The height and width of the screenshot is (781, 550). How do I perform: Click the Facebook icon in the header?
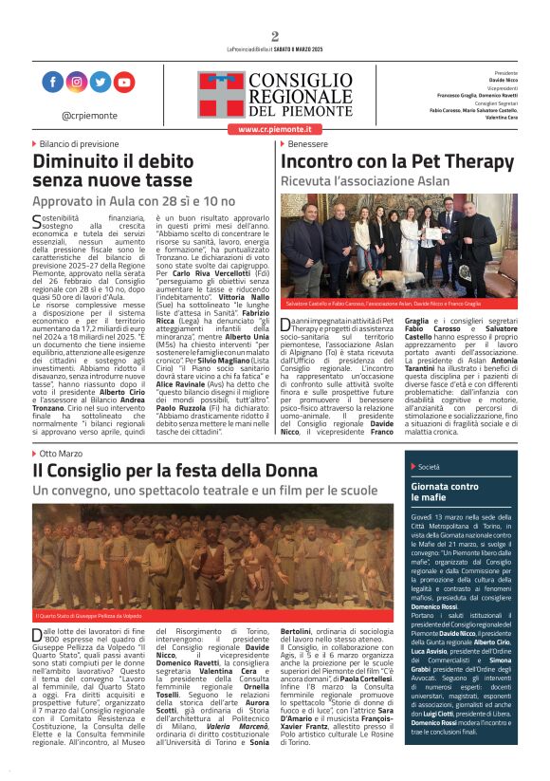pyautogui.click(x=53, y=83)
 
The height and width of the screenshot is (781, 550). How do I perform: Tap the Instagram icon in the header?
pyautogui.click(x=77, y=83)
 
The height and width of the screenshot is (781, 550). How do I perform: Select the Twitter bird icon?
pyautogui.click(x=101, y=83)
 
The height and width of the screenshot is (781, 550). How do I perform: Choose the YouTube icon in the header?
pyautogui.click(x=124, y=83)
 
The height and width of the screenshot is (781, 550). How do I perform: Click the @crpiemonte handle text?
pyautogui.click(x=88, y=114)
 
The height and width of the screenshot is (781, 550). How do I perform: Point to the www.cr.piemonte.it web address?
pyautogui.click(x=273, y=128)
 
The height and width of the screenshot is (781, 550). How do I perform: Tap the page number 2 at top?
pyautogui.click(x=275, y=37)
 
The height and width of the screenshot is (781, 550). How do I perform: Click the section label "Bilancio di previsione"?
pyautogui.click(x=80, y=143)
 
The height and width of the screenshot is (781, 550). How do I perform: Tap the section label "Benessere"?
pyautogui.click(x=307, y=143)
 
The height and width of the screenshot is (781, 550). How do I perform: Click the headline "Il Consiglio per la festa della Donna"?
pyautogui.click(x=174, y=471)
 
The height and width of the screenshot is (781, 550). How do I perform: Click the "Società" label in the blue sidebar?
pyautogui.click(x=429, y=467)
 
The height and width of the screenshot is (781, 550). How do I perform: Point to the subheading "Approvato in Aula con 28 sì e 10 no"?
pyautogui.click(x=134, y=202)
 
